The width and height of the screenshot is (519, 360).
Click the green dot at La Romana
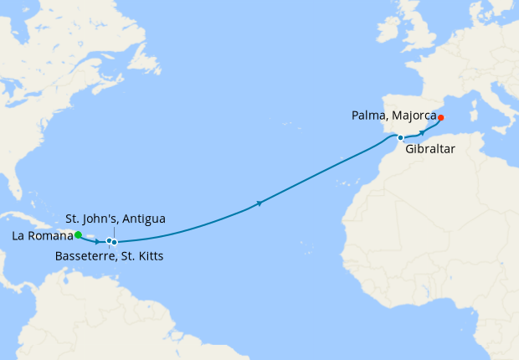click(x=78, y=235)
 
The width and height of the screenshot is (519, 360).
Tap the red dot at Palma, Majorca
click(x=441, y=117)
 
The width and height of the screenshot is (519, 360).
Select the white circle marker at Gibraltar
click(x=401, y=137)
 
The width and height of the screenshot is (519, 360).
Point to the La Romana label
click(x=42, y=236)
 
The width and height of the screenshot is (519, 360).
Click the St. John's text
click(x=93, y=219)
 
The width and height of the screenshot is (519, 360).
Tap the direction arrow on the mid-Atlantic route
click(x=262, y=203)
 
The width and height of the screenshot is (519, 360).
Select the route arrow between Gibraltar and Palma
click(x=422, y=132)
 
